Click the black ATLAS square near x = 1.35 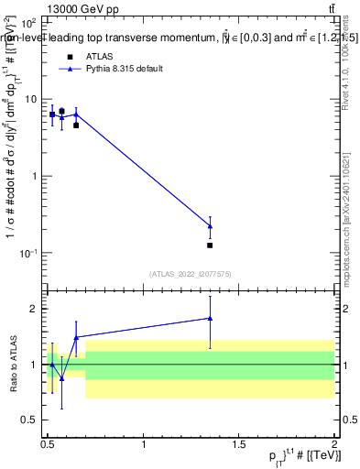pyautogui.click(x=210, y=245)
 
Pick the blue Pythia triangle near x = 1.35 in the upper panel pyautogui.click(x=210, y=225)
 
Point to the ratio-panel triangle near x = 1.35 pyautogui.click(x=210, y=319)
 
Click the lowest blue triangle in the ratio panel pyautogui.click(x=61, y=377)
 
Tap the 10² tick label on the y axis pyautogui.click(x=30, y=22)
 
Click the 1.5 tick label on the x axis pyautogui.click(x=239, y=444)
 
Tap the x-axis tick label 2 pyautogui.click(x=334, y=444)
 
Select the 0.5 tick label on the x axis pyautogui.click(x=48, y=444)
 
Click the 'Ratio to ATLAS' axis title pyautogui.click(x=12, y=364)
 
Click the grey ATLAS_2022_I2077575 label pyautogui.click(x=191, y=273)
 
